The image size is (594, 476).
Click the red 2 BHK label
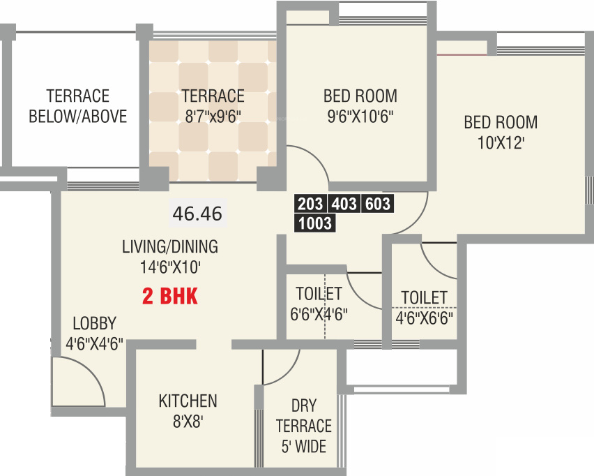tap(170, 297)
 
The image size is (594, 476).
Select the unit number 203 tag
tap(311, 204)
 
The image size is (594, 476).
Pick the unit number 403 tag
tap(344, 204)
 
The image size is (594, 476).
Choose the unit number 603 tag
tap(376, 204)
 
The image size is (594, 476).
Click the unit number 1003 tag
tap(315, 224)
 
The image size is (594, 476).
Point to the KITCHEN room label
tap(188, 401)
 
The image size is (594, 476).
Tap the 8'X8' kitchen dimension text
tap(188, 421)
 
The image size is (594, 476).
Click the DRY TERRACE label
tap(304, 416)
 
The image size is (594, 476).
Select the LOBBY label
tap(94, 323)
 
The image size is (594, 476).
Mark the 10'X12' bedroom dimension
tap(501, 142)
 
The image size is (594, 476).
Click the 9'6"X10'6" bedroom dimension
tap(360, 116)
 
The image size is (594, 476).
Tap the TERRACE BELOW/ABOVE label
tap(78, 106)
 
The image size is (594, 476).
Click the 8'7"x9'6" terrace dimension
tap(213, 116)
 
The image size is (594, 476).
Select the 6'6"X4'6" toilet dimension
tap(319, 313)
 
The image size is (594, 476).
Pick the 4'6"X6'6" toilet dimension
tap(424, 318)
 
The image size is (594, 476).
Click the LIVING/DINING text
tap(170, 246)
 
